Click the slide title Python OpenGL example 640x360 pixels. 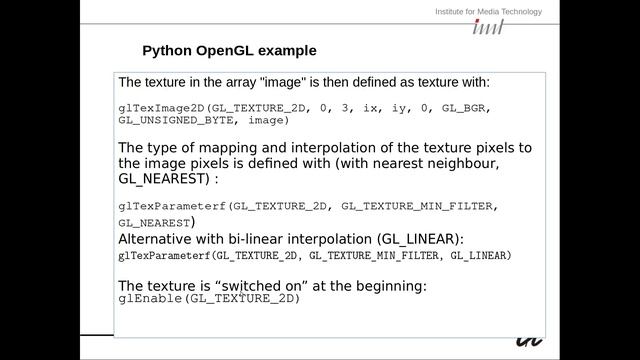[x=229, y=50]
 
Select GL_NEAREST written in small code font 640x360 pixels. [x=154, y=223]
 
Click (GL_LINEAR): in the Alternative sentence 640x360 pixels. [x=421, y=240]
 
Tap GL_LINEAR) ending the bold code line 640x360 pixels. [x=481, y=256]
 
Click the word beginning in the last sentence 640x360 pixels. [x=389, y=286]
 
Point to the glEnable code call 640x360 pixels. [x=150, y=298]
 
